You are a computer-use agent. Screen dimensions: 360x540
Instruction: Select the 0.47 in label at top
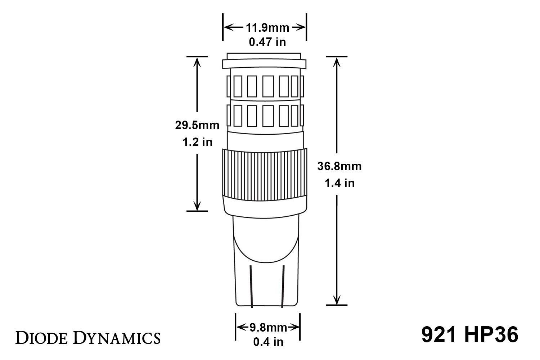[x=267, y=42]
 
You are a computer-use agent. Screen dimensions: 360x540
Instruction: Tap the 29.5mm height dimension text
[x=197, y=125]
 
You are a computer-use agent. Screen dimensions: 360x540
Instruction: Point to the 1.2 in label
[x=197, y=142]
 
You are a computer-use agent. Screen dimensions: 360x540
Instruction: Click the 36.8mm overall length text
[x=339, y=166]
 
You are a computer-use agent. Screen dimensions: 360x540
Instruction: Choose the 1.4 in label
[x=339, y=183]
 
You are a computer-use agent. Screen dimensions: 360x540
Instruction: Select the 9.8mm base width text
[x=268, y=328]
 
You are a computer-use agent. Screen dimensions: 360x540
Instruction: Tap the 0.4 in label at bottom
[x=268, y=342]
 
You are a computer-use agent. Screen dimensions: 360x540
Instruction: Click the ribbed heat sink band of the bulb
[x=265, y=173]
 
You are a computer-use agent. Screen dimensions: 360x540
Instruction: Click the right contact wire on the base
[x=283, y=286]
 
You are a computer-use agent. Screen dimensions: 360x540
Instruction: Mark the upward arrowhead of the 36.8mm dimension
[x=337, y=62]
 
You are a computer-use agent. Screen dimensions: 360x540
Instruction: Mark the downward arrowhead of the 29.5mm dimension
[x=197, y=206]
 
